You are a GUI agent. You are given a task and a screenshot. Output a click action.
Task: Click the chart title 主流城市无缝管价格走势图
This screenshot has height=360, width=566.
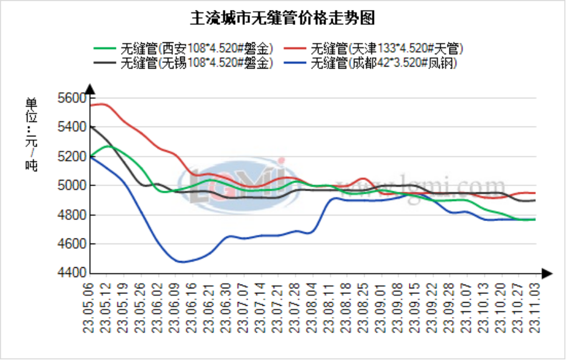pyautogui.click(x=282, y=17)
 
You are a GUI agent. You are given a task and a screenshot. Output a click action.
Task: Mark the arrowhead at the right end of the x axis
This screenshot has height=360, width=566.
pyautogui.click(x=547, y=273)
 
